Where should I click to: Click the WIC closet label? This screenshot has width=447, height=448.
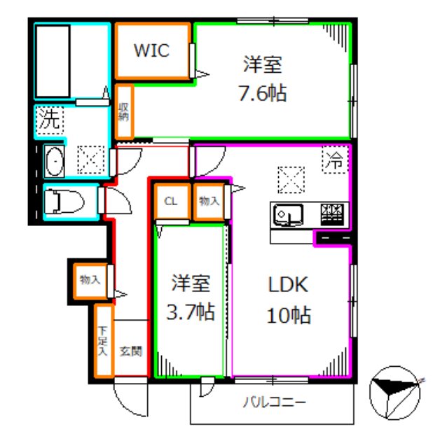(151, 51)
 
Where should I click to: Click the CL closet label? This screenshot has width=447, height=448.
(170, 202)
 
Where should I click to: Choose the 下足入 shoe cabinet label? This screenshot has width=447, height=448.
(103, 341)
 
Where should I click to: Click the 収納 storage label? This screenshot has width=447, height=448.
(124, 111)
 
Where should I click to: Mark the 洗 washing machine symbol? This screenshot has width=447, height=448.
(49, 119)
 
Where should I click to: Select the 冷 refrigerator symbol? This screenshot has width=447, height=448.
(335, 160)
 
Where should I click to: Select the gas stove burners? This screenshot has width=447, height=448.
(333, 211)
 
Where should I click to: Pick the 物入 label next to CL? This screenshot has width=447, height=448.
(209, 202)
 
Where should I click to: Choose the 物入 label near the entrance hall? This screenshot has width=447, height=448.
(90, 280)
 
